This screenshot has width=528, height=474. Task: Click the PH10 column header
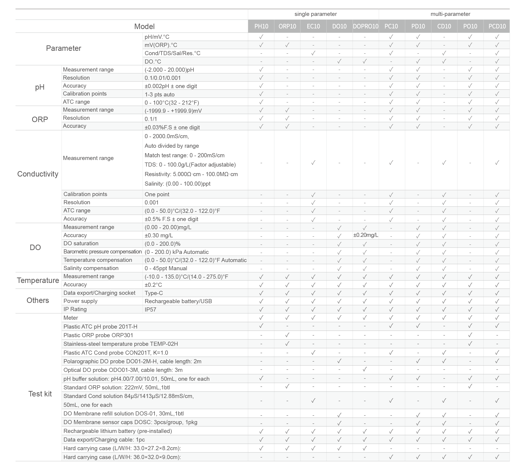click(261, 26)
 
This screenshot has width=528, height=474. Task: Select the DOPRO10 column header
click(366, 26)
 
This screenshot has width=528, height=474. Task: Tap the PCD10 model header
click(497, 26)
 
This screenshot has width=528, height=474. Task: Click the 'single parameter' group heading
click(315, 14)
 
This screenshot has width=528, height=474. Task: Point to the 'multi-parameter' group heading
click(450, 14)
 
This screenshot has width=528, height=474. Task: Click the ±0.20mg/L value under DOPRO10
click(366, 235)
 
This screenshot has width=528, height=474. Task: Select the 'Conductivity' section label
click(38, 174)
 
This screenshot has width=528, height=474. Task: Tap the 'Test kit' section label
click(40, 394)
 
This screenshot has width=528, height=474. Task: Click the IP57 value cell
click(151, 309)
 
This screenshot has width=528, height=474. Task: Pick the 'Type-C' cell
click(154, 293)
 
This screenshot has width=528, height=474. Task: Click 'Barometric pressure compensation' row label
click(102, 252)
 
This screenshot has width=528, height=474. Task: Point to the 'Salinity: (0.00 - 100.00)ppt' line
click(177, 184)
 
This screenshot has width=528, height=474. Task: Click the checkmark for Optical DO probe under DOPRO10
click(365, 369)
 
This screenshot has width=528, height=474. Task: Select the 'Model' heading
click(144, 26)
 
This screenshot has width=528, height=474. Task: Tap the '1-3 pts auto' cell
click(159, 94)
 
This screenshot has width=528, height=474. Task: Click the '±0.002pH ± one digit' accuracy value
click(171, 86)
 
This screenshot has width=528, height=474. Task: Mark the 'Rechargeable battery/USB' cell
click(178, 301)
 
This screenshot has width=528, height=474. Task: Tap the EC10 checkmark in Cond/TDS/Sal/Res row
click(313, 53)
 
